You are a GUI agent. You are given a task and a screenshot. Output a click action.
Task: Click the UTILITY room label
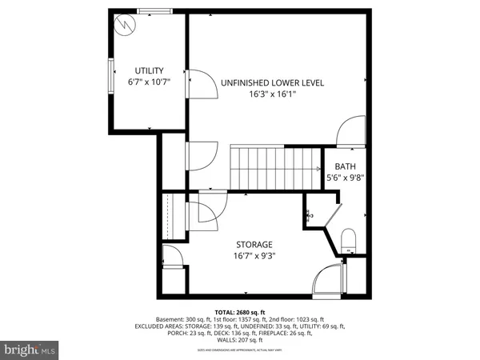[149, 70]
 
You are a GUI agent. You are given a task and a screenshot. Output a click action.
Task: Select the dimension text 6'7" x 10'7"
[149, 82]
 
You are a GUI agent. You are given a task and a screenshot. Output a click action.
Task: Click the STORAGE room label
[254, 244]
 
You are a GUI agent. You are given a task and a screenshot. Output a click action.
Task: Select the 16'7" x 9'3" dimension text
[254, 256]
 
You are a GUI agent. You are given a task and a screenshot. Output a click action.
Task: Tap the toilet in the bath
[348, 240]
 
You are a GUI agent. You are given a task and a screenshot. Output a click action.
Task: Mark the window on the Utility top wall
[154, 12]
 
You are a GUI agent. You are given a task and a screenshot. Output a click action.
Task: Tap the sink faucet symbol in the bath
[309, 214]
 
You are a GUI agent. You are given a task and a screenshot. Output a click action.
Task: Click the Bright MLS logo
[30, 350]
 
